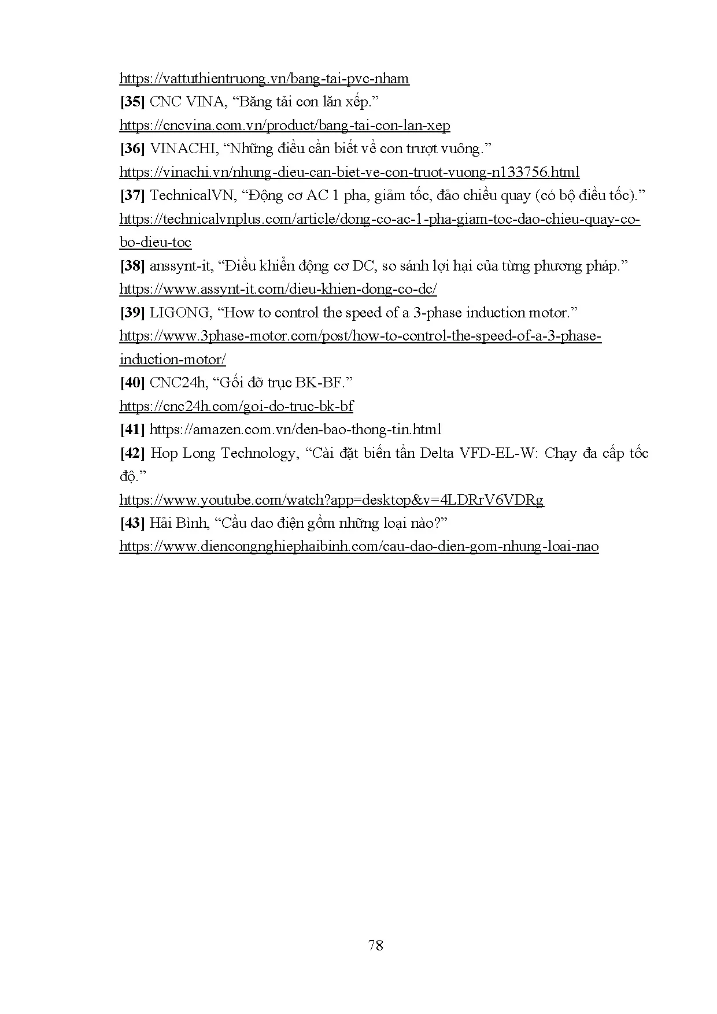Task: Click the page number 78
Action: click(x=375, y=946)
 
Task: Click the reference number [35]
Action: click(x=132, y=102)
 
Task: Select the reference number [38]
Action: click(x=132, y=266)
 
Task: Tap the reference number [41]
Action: click(x=132, y=430)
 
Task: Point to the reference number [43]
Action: click(x=132, y=523)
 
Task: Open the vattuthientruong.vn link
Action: click(x=264, y=79)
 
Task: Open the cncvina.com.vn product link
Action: click(x=284, y=126)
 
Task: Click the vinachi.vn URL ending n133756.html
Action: click(x=349, y=172)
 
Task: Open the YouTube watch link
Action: click(x=331, y=500)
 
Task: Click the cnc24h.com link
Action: click(x=236, y=406)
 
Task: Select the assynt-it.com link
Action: click(x=278, y=289)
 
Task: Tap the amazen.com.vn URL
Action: click(x=295, y=430)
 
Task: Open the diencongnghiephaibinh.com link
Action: click(x=358, y=547)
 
